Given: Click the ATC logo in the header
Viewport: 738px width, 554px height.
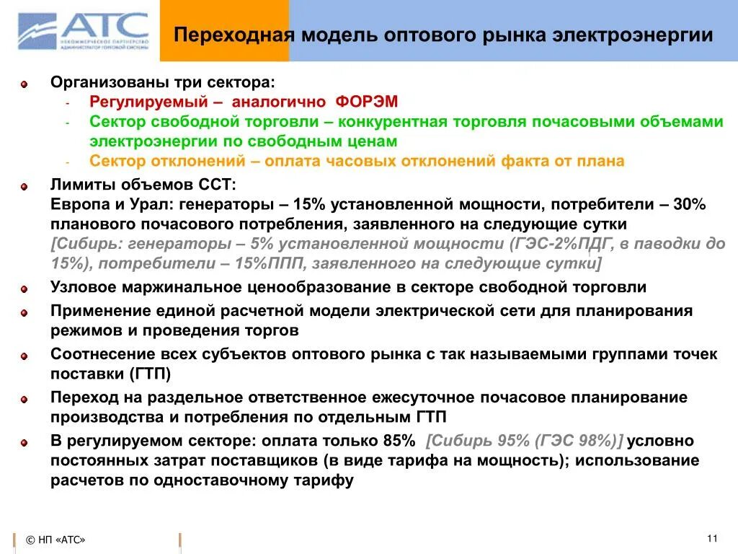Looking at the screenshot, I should pyautogui.click(x=84, y=32).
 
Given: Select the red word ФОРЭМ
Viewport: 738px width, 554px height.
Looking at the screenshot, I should pyautogui.click(x=366, y=102).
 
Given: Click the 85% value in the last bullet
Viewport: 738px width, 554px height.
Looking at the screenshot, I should pyautogui.click(x=399, y=441).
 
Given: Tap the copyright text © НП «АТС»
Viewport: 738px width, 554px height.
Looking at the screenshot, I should pyautogui.click(x=55, y=540).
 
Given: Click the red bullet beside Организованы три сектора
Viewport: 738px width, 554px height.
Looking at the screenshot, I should pyautogui.click(x=24, y=84).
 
